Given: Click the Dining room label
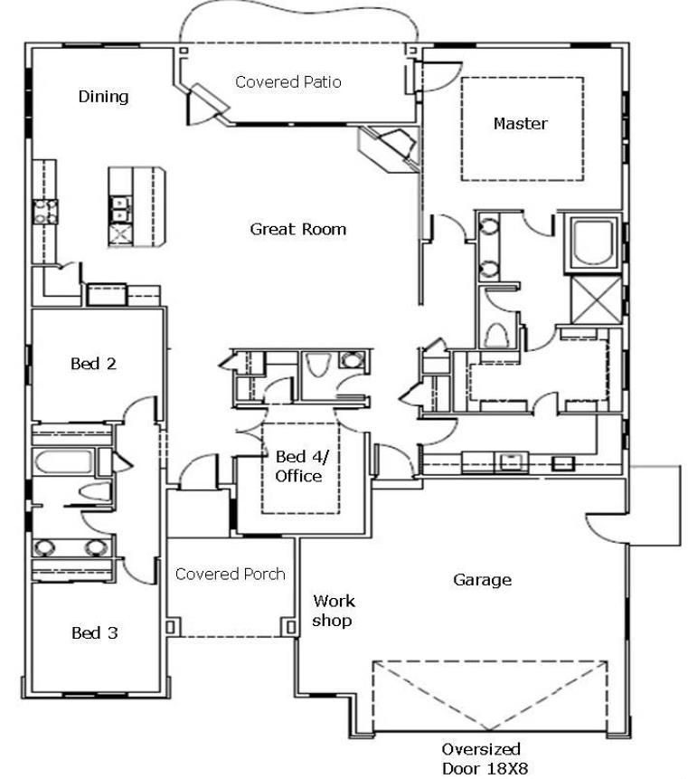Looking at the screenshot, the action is click(x=103, y=96).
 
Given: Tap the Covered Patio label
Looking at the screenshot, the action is click(x=287, y=81).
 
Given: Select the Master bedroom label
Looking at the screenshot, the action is click(x=521, y=123).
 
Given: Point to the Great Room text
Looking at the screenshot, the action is click(x=297, y=229).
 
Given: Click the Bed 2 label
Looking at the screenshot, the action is click(x=93, y=364).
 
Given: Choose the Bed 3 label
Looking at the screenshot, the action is click(x=94, y=632).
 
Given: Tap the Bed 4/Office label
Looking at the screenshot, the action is click(x=300, y=466).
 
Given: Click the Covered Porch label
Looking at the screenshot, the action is click(x=231, y=574).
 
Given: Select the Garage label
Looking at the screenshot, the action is click(x=482, y=580).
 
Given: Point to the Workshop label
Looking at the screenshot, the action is click(x=333, y=611).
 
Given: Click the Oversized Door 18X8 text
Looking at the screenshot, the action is click(x=484, y=758).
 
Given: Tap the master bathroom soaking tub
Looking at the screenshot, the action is click(x=593, y=243).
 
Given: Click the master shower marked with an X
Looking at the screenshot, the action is click(x=596, y=300).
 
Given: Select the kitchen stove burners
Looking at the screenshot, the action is click(x=45, y=212).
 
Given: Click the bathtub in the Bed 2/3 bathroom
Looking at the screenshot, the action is click(x=64, y=461).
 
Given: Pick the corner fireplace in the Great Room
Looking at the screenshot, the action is click(x=389, y=148).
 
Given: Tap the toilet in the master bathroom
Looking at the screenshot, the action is click(x=496, y=336).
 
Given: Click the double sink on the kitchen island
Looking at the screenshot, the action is click(x=120, y=209).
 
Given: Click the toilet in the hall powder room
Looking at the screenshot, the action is click(x=317, y=366).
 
